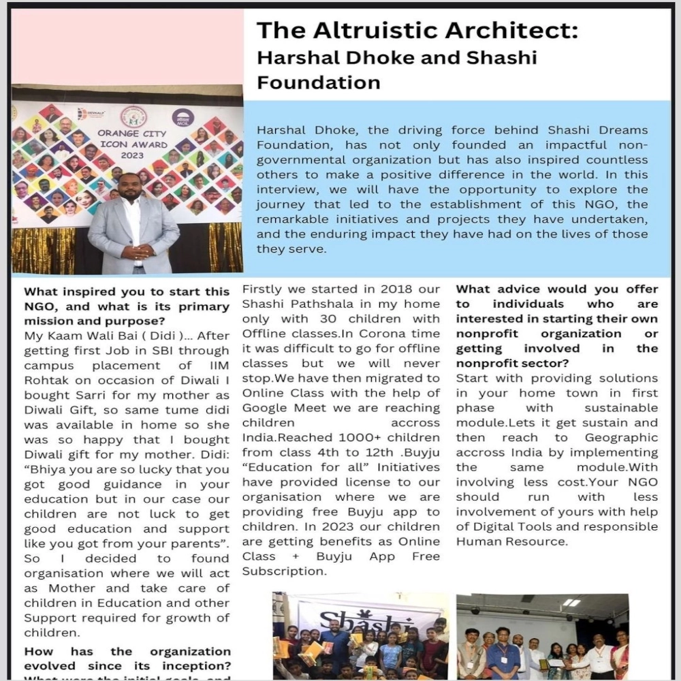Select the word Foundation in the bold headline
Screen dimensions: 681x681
[x=318, y=82]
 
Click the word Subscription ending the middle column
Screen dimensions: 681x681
[x=284, y=571]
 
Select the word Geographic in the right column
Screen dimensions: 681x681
[x=621, y=437]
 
